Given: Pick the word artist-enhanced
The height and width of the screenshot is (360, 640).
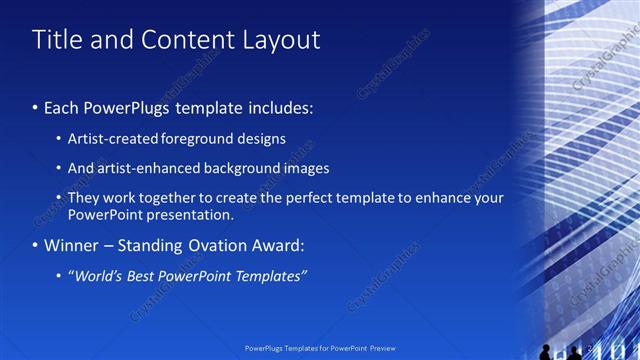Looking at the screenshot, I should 140,168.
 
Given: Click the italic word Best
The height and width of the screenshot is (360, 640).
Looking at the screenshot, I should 146,275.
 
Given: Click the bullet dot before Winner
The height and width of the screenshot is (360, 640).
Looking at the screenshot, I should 35,245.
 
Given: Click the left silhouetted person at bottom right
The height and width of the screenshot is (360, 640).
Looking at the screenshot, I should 545,351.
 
